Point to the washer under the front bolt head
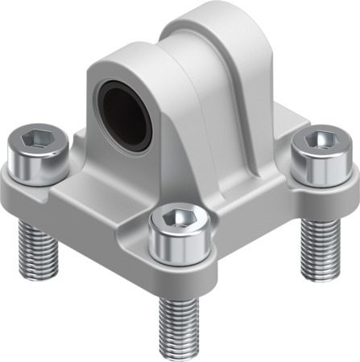179,257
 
